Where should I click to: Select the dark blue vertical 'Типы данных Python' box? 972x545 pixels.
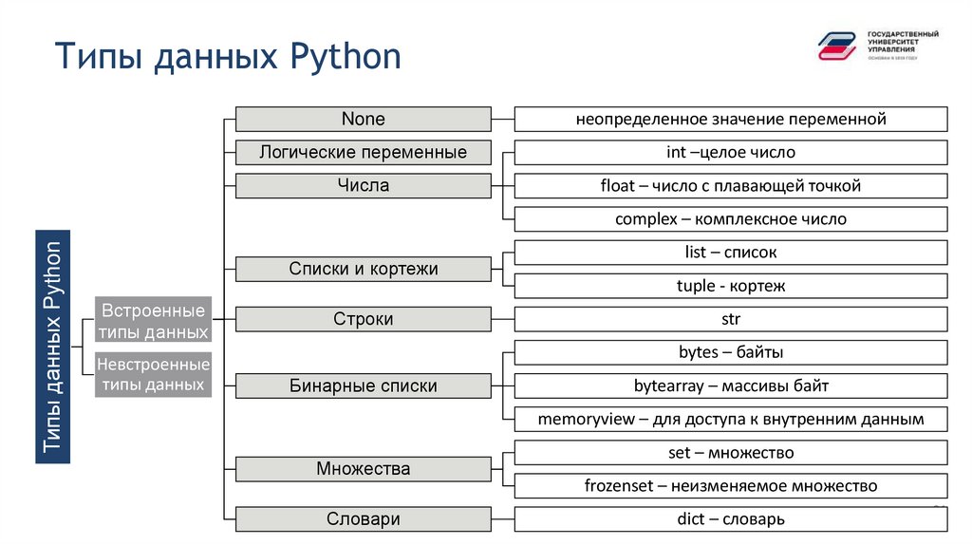click(52, 347)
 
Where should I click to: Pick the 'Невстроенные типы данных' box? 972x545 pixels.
click(153, 374)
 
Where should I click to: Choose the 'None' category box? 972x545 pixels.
click(363, 120)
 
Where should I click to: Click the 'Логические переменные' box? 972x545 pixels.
click(363, 152)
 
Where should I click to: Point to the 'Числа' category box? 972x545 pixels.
click(363, 185)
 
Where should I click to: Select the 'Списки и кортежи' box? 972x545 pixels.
click(363, 269)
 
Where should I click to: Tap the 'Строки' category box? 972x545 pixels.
click(363, 319)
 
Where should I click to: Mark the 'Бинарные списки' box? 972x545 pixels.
click(363, 385)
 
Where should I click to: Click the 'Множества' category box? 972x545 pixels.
click(363, 469)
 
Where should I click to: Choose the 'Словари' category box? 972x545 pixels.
click(363, 519)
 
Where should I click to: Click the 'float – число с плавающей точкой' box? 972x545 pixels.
click(730, 185)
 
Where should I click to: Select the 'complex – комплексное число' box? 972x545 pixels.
click(730, 219)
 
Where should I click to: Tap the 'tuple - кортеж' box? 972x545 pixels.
click(730, 286)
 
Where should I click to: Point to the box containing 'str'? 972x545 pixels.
click(730, 319)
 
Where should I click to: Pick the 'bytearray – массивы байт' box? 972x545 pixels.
click(730, 385)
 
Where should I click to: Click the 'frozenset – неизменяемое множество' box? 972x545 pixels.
click(730, 486)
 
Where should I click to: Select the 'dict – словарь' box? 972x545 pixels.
click(730, 519)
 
